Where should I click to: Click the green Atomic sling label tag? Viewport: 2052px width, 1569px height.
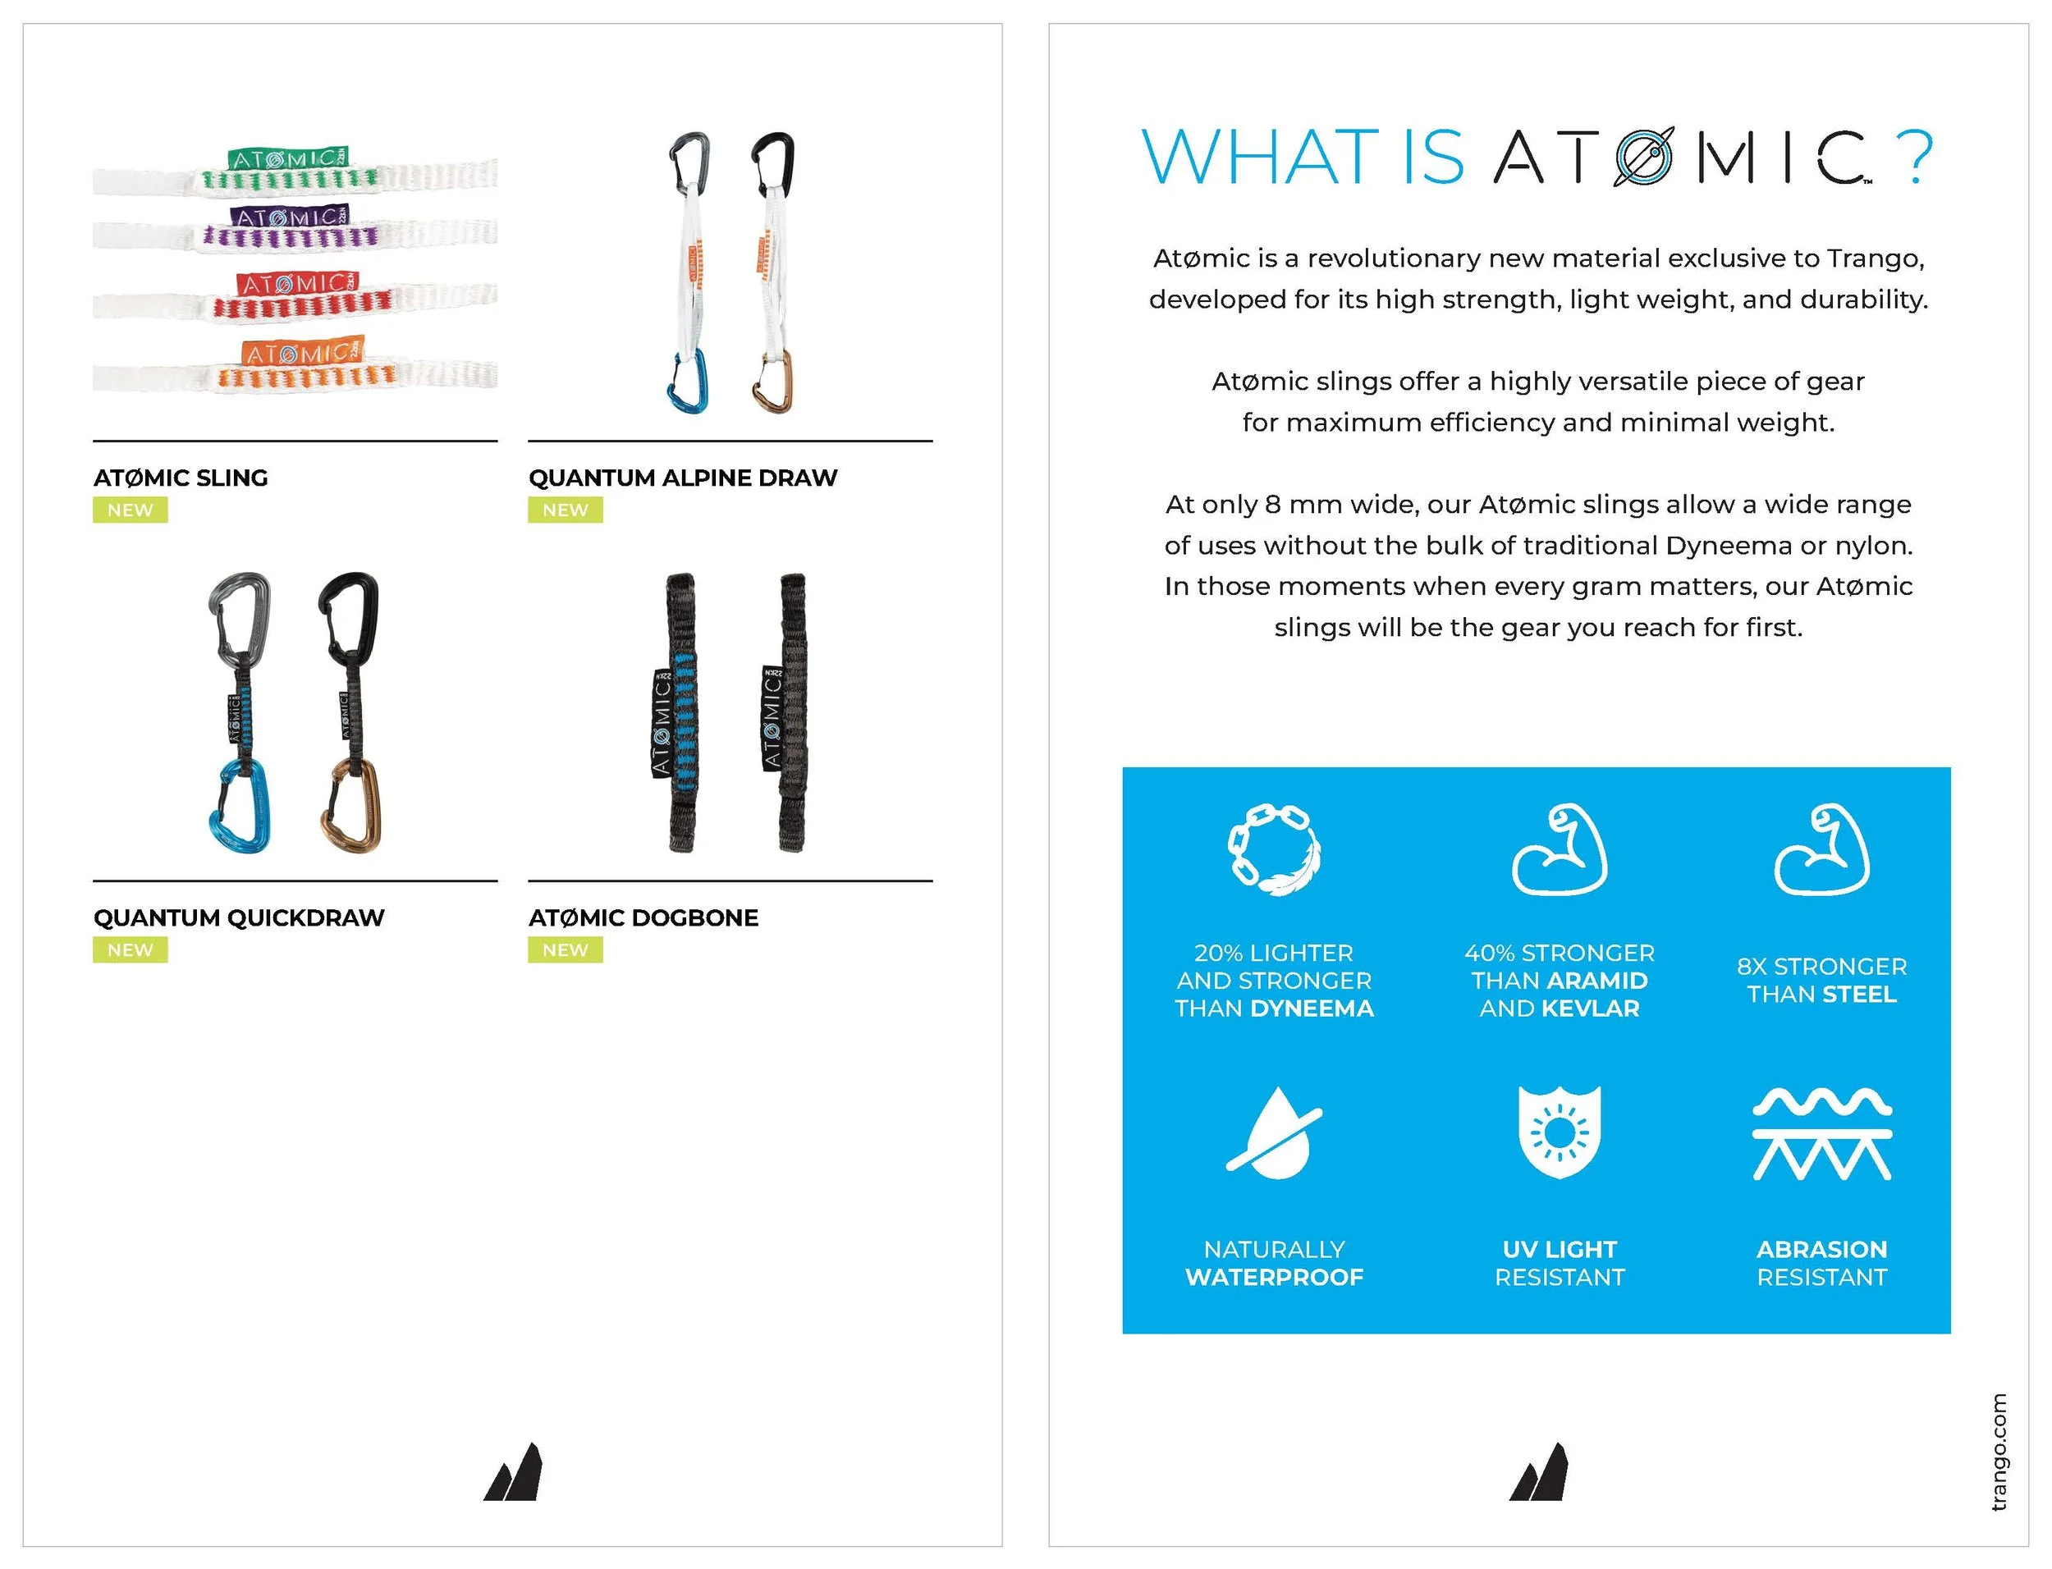coord(287,158)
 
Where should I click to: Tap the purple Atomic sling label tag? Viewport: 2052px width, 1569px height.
coord(289,217)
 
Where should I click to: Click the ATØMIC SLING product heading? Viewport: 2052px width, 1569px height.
coord(181,478)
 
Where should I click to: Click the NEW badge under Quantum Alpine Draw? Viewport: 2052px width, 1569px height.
coord(565,510)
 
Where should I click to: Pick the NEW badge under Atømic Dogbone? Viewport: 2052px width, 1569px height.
coord(565,949)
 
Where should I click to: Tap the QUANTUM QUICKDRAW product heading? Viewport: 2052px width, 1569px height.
coord(238,918)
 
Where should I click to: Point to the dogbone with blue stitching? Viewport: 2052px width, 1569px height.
coord(679,714)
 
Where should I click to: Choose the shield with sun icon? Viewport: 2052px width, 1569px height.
coord(1559,1132)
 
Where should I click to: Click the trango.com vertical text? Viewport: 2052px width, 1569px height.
coord(1998,1452)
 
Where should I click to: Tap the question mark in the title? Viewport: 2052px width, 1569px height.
coord(1916,157)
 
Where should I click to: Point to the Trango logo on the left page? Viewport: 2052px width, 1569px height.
coord(513,1473)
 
